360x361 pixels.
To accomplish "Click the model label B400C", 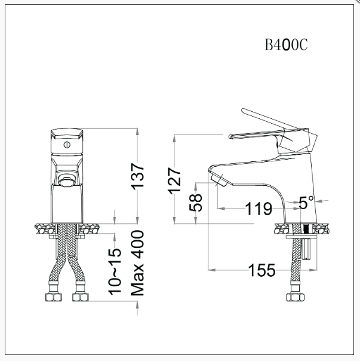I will pos(287,46).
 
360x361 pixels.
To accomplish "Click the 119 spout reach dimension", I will pos(259,209).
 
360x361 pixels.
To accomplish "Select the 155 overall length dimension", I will pos(262,270).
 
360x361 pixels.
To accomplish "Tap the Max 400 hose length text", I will pos(137,263).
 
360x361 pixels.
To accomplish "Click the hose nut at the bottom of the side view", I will pos(294,297).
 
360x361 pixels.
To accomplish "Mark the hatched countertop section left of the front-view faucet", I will pos(43,228).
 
